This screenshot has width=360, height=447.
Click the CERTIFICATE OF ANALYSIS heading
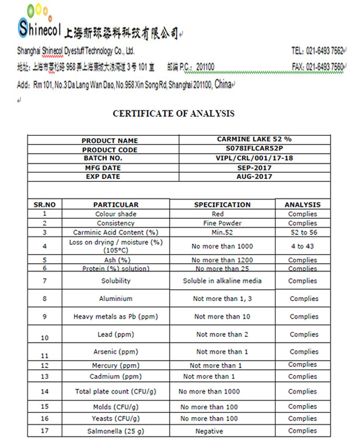173,113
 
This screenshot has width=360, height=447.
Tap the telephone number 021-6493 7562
325,51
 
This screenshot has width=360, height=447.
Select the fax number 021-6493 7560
325,67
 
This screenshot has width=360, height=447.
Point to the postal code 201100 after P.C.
205,67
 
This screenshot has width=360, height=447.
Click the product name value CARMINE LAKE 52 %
254,139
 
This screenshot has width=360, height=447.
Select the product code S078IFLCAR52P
254,149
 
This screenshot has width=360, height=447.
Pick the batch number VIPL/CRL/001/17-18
254,158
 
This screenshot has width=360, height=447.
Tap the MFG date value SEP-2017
254,168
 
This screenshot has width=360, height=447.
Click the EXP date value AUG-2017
254,176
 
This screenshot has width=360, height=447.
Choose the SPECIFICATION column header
222,204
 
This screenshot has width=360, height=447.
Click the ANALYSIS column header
303,204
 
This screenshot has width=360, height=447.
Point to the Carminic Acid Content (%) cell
116,232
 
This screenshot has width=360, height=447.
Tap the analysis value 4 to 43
303,246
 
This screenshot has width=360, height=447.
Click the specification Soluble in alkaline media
222,281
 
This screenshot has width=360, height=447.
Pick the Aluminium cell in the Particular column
116,299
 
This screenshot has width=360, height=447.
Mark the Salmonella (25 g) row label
116,431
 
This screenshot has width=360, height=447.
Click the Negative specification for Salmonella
209,431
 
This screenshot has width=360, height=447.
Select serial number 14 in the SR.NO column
45,391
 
